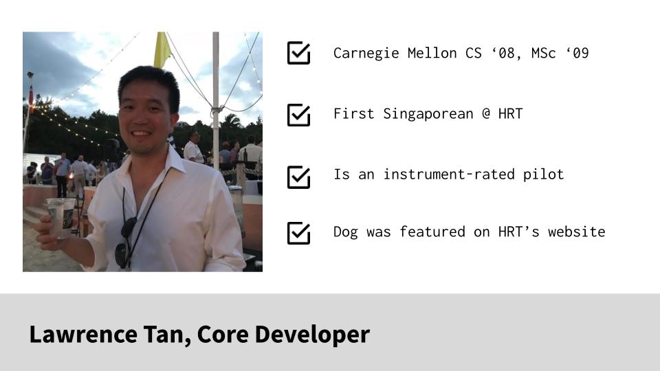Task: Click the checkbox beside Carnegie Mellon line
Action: (x=298, y=53)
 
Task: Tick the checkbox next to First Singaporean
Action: (x=298, y=114)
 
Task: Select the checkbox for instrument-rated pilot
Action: (x=298, y=176)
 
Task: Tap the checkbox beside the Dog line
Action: (x=298, y=232)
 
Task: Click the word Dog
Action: (x=345, y=232)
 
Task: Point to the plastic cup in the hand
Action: (x=61, y=217)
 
